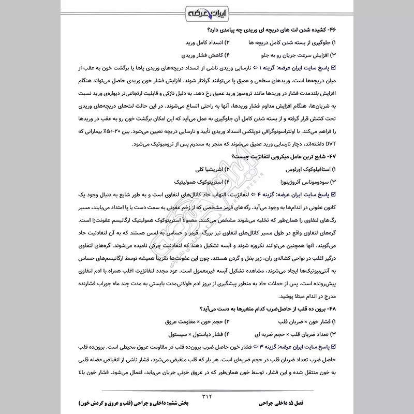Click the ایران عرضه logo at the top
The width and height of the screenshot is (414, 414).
(x=207, y=11)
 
